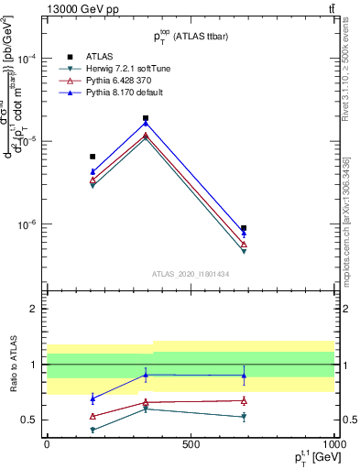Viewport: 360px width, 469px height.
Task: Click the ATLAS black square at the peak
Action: [x=146, y=118]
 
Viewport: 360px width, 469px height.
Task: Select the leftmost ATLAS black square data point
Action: [x=93, y=157]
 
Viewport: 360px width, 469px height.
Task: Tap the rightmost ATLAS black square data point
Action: [x=244, y=228]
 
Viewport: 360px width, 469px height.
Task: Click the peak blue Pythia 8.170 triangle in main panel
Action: [x=146, y=124]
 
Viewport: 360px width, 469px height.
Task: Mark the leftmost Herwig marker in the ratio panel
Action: [x=93, y=430]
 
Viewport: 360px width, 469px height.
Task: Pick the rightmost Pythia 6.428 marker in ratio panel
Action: [x=244, y=400]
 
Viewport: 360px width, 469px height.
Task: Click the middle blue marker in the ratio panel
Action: [x=146, y=374]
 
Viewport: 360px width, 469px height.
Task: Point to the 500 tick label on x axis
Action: [x=191, y=444]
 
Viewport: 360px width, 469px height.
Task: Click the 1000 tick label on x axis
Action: [x=333, y=444]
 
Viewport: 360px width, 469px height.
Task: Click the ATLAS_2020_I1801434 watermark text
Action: [x=191, y=274]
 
